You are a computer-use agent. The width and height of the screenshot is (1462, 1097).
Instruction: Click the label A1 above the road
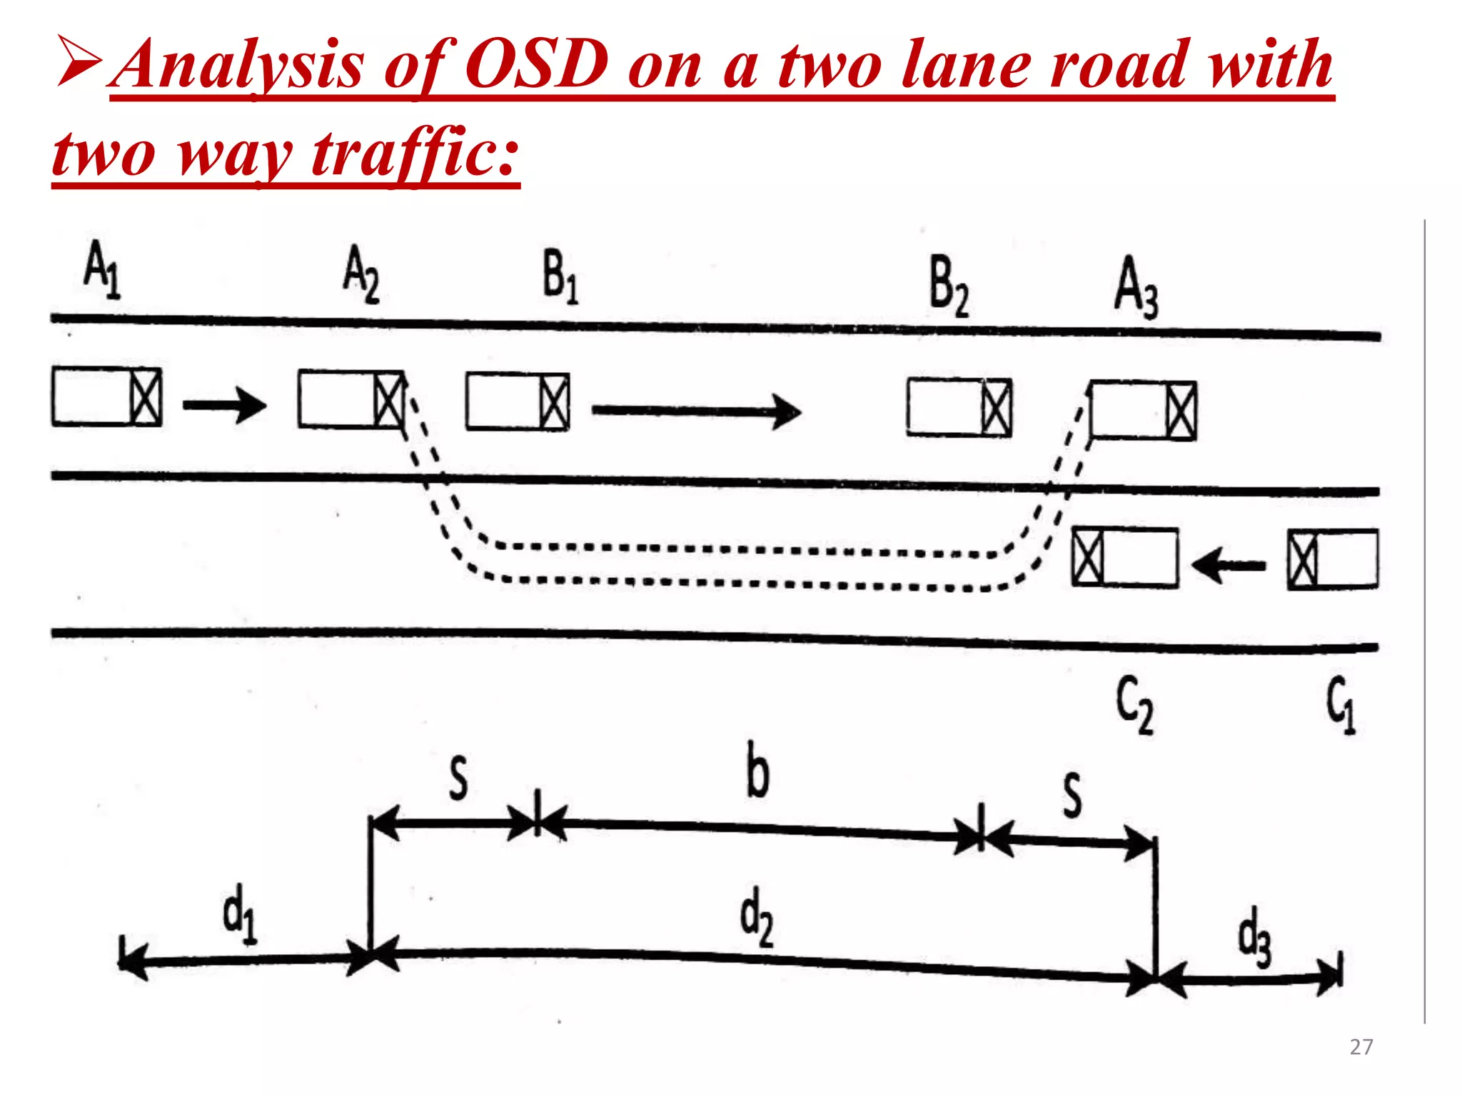102,270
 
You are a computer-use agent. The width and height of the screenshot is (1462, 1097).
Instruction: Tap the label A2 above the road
361,274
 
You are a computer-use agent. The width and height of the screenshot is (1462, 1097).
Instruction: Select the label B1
560,279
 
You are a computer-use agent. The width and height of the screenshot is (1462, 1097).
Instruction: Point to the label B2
949,287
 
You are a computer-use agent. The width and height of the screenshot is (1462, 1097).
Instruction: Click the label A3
1136,288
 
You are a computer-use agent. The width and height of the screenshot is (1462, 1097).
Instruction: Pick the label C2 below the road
1134,705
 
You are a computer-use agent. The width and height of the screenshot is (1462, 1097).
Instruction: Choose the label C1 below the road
1341,705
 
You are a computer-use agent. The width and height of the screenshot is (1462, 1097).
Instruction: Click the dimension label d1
240,915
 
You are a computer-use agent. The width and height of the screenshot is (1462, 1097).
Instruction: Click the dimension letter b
757,771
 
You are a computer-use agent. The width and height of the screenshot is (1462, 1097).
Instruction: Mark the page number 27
1361,1047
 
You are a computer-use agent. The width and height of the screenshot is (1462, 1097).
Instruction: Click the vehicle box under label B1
518,401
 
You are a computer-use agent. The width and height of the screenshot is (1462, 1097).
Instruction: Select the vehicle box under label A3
1144,411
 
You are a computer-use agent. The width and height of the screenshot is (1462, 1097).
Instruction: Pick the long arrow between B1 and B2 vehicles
696,411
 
